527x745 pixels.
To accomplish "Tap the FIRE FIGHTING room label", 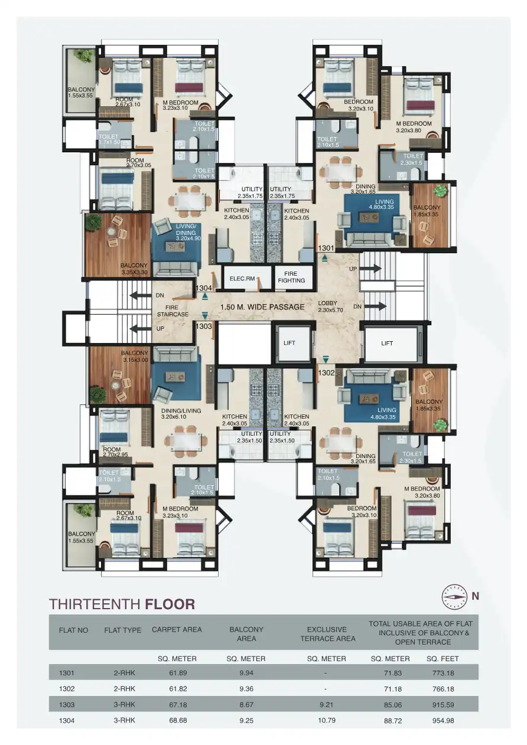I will point(291,277).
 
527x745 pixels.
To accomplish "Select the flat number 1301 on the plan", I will point(326,249).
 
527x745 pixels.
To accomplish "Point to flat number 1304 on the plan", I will point(204,288).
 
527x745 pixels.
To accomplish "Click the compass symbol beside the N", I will point(454,596).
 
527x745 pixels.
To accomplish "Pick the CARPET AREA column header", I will point(177,630).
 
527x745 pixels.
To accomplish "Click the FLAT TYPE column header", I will point(122,630).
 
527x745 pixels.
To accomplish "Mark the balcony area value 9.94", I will point(246,673).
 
